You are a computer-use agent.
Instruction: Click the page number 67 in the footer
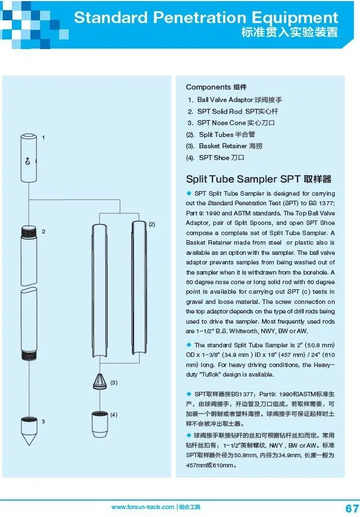tap(345, 507)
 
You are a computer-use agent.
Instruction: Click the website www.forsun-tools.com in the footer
tap(143, 507)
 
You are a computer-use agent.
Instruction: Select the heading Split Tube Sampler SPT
tap(259, 179)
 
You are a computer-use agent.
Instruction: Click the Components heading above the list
tap(208, 87)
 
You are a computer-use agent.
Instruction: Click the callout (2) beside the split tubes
tap(152, 224)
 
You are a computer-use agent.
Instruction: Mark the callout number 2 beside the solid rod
tap(43, 232)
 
